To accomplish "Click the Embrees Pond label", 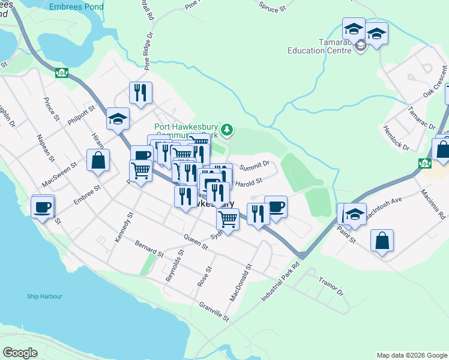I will [77, 7].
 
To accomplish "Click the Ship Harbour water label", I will [44, 296].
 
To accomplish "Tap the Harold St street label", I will [249, 181].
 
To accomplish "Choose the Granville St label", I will [214, 310].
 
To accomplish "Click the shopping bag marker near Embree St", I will [98, 160].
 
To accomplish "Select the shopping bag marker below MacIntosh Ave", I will [382, 241].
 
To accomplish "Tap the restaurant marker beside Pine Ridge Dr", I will [140, 92].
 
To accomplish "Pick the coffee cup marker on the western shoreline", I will [43, 207].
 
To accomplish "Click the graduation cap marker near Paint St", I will [355, 215].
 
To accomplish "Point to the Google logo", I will [20, 353].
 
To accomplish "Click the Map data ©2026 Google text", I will [411, 355].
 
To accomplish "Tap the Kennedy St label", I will [124, 227].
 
